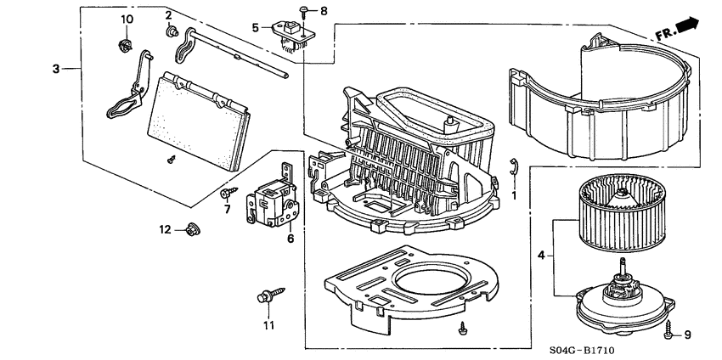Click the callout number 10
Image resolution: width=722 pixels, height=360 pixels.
click(127, 19)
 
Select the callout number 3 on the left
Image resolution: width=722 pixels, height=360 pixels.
click(56, 69)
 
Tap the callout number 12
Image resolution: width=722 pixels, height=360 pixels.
click(166, 229)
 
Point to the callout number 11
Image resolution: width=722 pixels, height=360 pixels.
click(269, 325)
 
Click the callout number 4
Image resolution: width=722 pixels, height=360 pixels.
click(541, 255)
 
